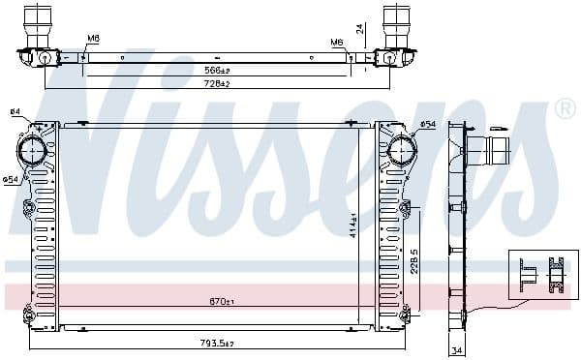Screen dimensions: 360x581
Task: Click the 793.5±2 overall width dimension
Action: pos(218,342)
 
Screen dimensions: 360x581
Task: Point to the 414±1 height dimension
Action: pos(353,225)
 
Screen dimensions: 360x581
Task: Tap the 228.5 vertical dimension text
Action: pos(414,262)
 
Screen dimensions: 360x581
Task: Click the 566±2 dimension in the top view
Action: pos(217,71)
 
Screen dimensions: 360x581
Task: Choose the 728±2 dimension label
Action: pos(216,84)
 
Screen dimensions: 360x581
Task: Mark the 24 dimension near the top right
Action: pos(359,29)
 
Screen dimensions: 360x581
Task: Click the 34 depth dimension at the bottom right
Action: pos(456,350)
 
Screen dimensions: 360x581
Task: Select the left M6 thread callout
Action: pos(93,40)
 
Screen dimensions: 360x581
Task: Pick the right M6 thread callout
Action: pos(336,42)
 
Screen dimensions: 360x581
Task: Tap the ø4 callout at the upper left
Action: pos(15,113)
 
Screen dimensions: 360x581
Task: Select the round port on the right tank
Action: pos(401,149)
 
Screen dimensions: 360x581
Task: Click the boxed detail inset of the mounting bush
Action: pos(542,274)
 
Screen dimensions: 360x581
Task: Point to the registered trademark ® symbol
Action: pos(565,109)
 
